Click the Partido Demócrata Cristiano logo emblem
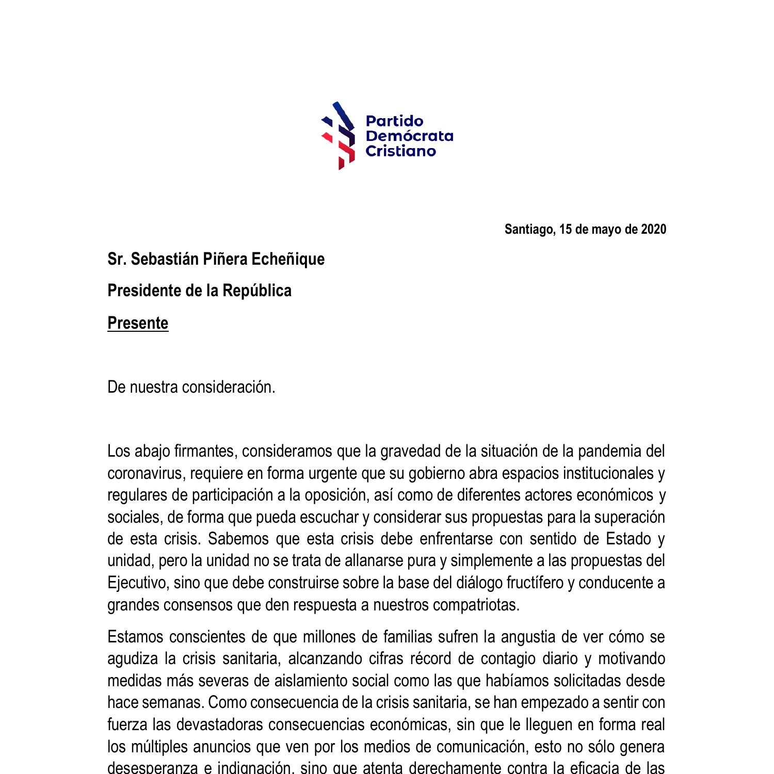[x=338, y=136]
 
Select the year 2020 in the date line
[x=653, y=229]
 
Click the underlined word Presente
[x=138, y=323]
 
